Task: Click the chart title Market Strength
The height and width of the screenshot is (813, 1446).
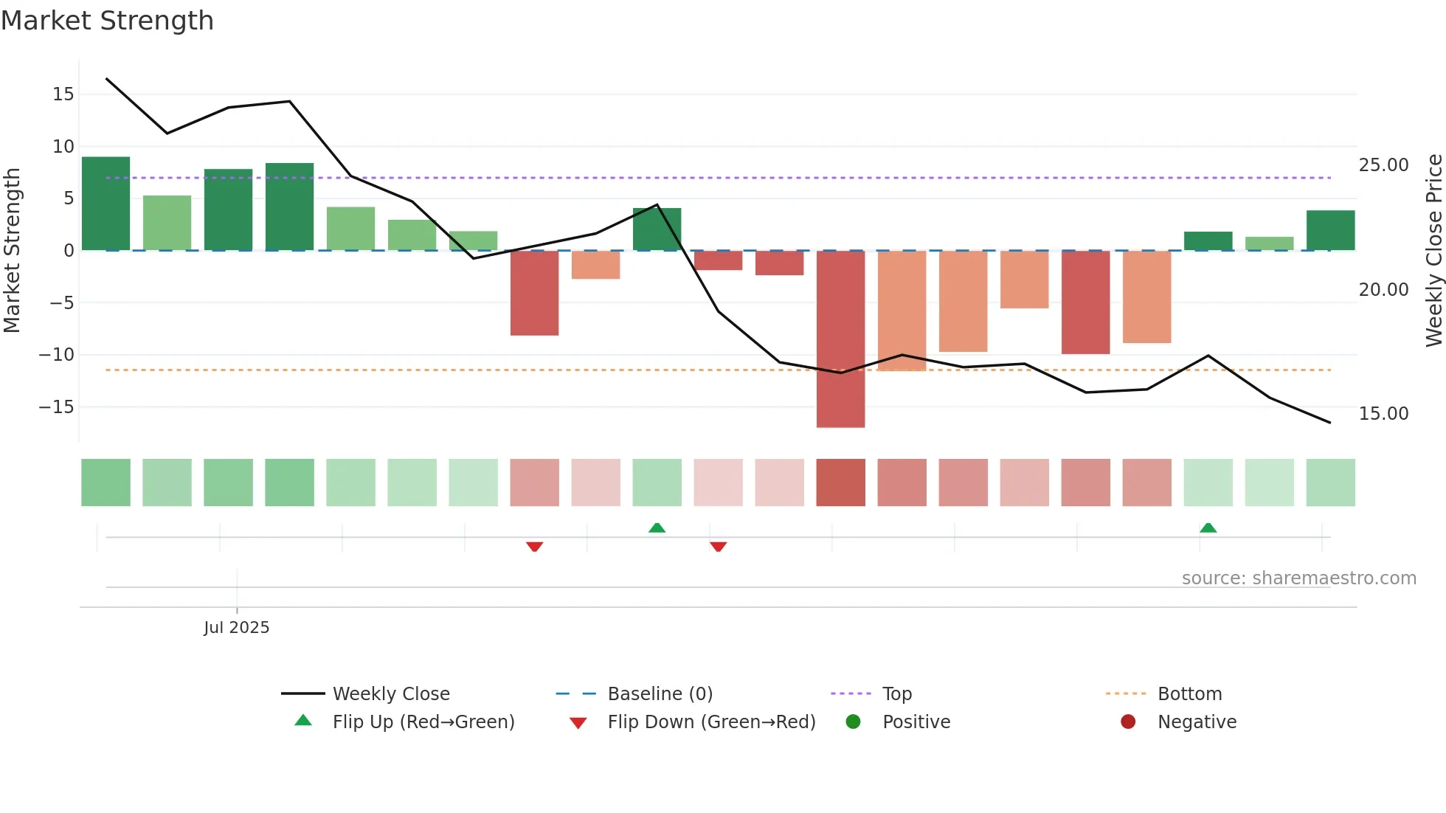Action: pos(107,21)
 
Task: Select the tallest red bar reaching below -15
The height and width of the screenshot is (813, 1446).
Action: pos(840,339)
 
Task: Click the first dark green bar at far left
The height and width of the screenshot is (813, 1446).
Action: pos(105,203)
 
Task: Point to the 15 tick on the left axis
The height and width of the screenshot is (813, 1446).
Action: pos(63,94)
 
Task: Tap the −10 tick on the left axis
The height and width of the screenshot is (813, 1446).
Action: pos(57,355)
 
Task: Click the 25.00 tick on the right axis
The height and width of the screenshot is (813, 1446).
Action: pos(1383,165)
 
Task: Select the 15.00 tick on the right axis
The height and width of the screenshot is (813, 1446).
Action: pos(1383,414)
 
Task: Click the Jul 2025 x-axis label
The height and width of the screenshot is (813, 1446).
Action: pos(236,628)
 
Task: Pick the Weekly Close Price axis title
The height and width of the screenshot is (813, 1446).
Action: pos(1433,251)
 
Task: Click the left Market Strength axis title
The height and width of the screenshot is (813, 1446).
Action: pos(13,251)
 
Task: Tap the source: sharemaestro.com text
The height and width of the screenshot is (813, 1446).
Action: pos(1298,578)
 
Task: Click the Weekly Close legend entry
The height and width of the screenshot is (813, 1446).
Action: pos(390,694)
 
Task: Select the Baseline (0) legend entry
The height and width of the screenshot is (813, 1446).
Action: pos(660,694)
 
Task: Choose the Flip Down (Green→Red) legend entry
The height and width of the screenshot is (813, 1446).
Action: pos(710,722)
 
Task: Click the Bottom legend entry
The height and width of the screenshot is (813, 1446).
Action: pos(1189,694)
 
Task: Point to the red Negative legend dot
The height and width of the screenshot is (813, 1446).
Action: pos(1128,722)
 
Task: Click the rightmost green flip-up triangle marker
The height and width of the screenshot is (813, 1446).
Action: pos(1208,527)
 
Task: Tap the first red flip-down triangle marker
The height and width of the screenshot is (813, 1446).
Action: pos(535,547)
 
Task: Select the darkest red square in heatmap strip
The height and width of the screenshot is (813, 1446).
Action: pos(840,482)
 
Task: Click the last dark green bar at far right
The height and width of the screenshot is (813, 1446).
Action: pos(1330,230)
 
